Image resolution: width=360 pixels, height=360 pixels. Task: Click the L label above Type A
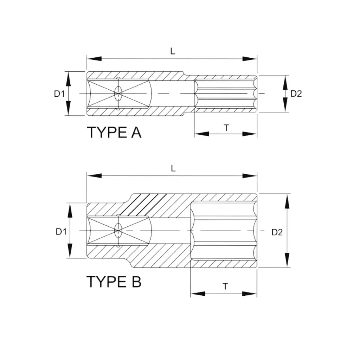(x=173, y=51)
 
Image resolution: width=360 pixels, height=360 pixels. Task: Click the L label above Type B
(x=173, y=168)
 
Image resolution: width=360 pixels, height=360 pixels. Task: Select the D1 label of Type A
(x=59, y=94)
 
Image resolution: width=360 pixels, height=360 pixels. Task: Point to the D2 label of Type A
(x=296, y=94)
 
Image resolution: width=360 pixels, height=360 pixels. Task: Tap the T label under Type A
(x=227, y=128)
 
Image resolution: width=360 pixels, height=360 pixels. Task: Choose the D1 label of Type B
(x=61, y=232)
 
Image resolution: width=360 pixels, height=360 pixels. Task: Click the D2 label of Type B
(x=277, y=232)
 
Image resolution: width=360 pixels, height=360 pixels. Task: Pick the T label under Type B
(x=225, y=287)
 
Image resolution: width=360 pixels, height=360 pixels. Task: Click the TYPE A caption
(x=114, y=132)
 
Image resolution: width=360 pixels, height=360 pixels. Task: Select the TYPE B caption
(x=114, y=282)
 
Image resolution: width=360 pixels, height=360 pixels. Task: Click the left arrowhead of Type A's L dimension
(x=94, y=59)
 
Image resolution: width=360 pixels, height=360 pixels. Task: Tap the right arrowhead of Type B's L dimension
(x=250, y=176)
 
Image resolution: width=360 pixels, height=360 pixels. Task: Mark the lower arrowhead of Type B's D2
(x=287, y=260)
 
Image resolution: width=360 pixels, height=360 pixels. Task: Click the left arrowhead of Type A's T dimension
(x=201, y=134)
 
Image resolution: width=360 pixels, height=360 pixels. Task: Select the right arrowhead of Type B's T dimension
(x=250, y=294)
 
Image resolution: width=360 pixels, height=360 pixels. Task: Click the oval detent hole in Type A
(x=118, y=94)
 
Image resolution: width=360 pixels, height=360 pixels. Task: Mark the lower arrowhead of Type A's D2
(x=285, y=105)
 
